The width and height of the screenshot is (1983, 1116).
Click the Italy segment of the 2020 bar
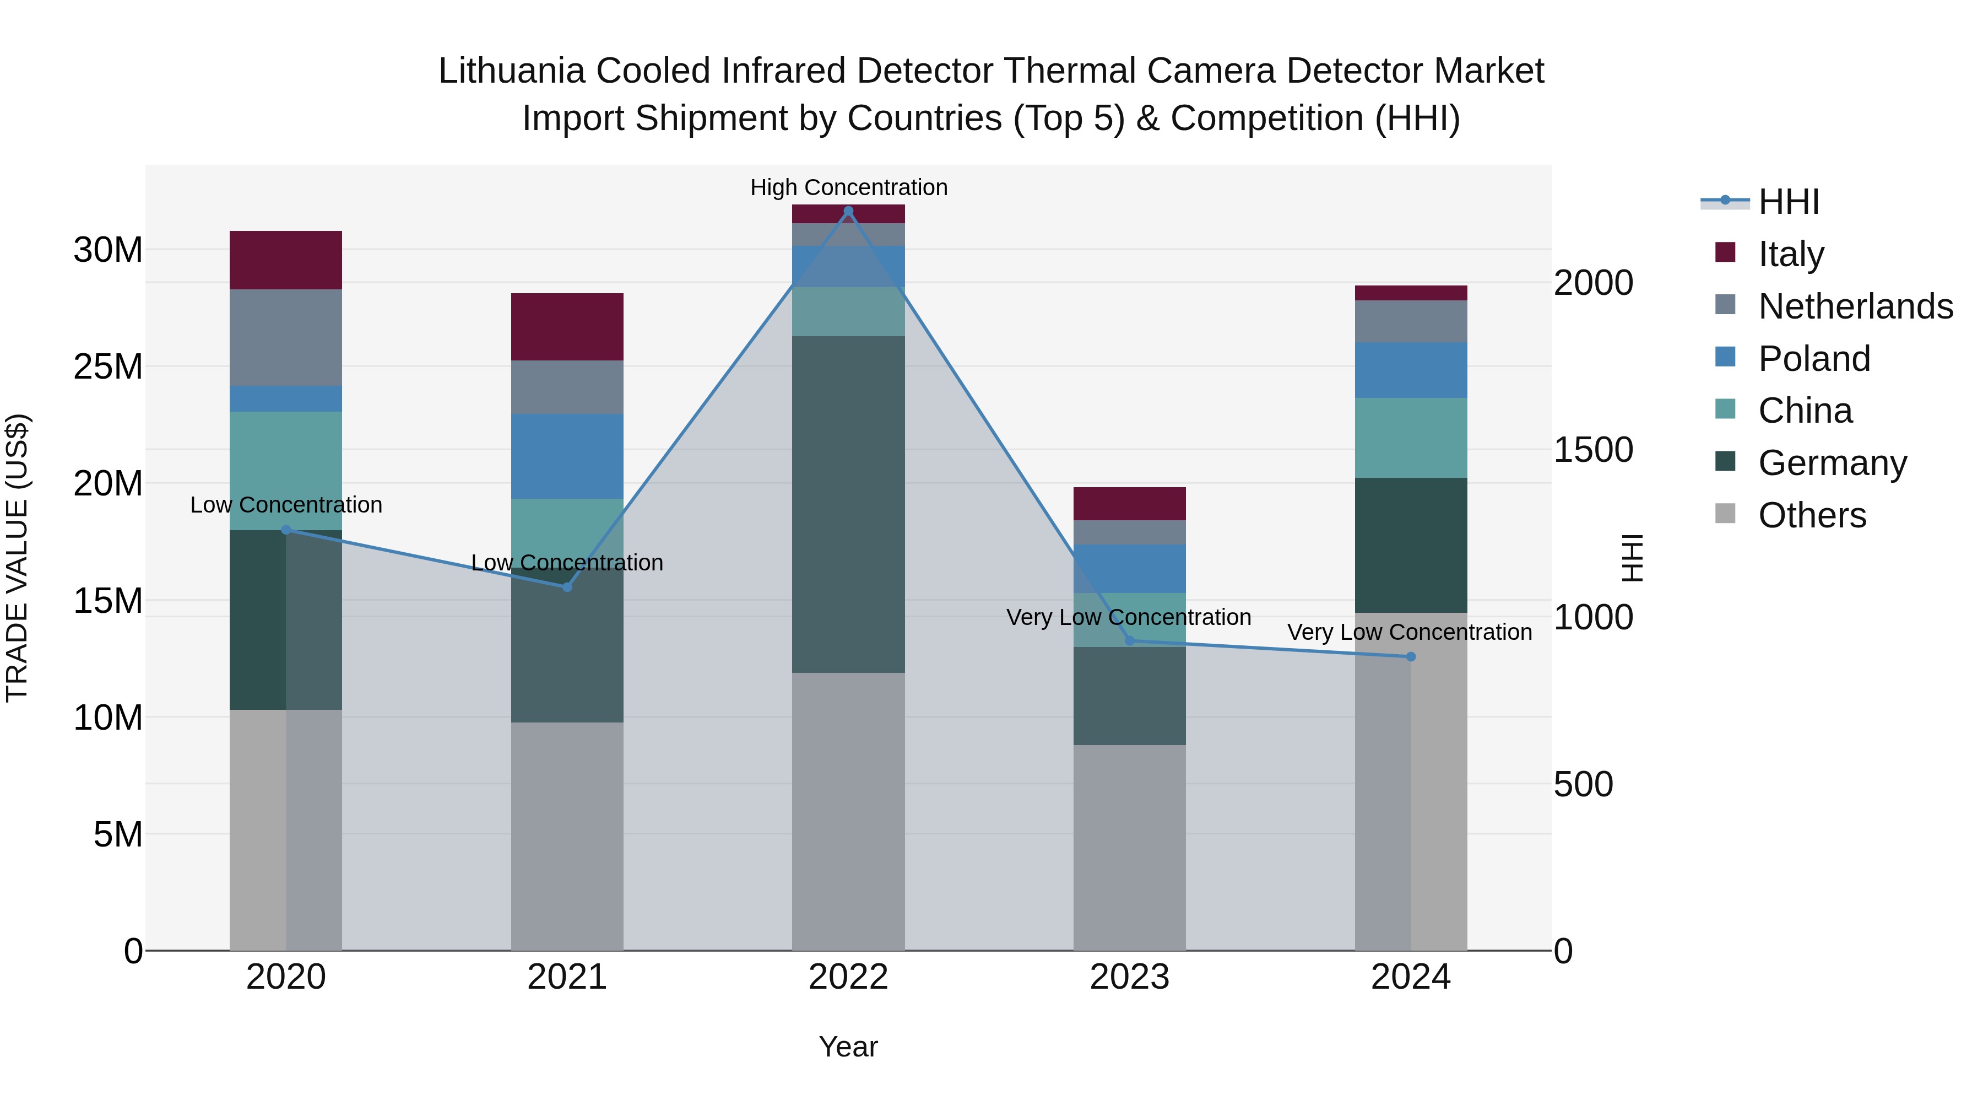285,260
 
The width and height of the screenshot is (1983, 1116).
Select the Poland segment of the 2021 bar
567,456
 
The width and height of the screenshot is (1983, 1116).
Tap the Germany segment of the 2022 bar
848,504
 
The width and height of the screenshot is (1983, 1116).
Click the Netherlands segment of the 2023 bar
1129,532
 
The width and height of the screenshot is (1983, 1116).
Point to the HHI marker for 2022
848,211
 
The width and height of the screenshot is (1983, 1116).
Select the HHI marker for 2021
567,587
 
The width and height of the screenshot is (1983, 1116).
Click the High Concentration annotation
848,187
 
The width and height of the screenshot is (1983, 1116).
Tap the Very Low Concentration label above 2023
1129,617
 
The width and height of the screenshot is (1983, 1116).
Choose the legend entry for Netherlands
1855,306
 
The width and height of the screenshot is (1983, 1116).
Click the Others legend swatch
1725,514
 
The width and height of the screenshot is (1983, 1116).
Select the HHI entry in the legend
1788,202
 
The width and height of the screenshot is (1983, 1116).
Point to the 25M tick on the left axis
108,366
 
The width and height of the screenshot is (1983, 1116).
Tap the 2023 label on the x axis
1129,977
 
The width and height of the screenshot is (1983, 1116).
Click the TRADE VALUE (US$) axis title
17,558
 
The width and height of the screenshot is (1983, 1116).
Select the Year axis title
848,1047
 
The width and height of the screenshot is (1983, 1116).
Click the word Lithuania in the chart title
511,71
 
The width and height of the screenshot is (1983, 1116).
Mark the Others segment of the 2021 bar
567,835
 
